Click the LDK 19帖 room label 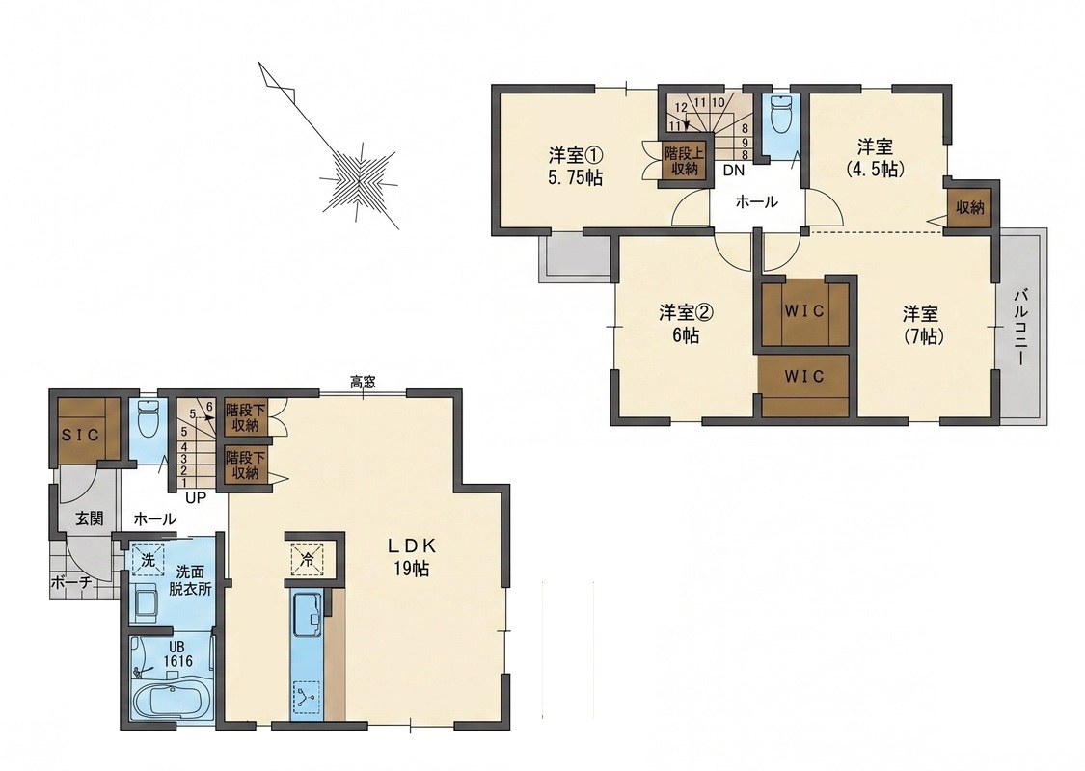(411, 557)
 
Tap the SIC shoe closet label (80, 435)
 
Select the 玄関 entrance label (90, 518)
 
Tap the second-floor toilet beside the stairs (780, 113)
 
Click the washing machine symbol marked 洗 (149, 559)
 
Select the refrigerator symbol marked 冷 (307, 559)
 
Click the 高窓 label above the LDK (363, 382)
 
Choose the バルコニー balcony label (1020, 328)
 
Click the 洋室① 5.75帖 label (575, 165)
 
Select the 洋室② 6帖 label (686, 324)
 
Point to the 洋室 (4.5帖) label (876, 157)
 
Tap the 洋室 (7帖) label (920, 325)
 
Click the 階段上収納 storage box (684, 160)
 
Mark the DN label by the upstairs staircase (734, 171)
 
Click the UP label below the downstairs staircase (196, 497)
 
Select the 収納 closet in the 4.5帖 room (970, 207)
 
